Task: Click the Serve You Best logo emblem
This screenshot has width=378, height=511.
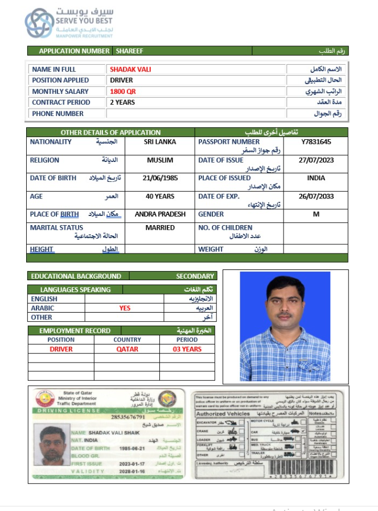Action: coord(39,23)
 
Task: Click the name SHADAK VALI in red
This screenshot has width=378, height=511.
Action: coord(130,69)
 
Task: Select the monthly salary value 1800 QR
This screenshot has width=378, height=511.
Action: coord(123,92)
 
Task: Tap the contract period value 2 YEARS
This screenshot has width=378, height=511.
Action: coord(123,102)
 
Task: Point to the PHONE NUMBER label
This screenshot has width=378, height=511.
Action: coord(57,114)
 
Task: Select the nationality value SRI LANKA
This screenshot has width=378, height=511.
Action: coord(160,142)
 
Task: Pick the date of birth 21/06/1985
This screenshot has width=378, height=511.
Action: coord(160,178)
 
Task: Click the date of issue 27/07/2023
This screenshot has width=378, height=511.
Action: coord(316,160)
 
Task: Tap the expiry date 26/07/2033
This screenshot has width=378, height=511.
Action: coord(316,196)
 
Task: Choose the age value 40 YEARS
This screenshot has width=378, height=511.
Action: coord(160,196)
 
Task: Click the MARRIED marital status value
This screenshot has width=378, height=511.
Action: coord(160,227)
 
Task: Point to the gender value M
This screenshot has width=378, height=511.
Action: coord(316,214)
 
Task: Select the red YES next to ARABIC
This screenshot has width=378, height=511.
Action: coord(125,308)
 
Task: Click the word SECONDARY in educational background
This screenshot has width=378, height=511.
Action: coord(195,276)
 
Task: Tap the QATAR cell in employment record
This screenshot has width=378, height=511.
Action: coord(127,349)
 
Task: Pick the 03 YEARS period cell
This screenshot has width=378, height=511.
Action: coord(187,349)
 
